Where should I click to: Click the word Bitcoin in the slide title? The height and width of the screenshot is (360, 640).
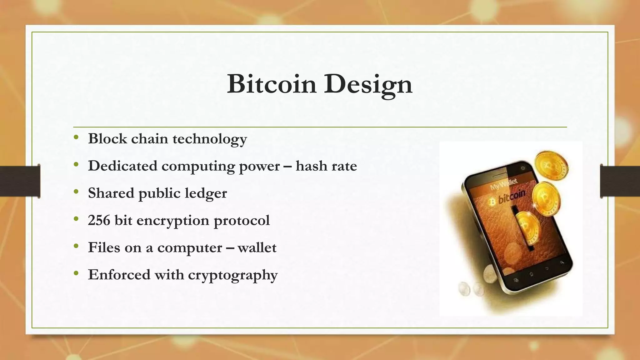pos(271,84)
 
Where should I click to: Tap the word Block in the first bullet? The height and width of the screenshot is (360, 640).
pos(107,138)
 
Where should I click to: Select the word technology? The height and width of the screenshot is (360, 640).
pos(210,139)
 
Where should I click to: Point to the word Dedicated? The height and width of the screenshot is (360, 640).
pos(122,166)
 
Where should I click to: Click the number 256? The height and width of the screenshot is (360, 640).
pos(99,220)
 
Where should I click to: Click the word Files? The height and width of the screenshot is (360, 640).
pos(104,247)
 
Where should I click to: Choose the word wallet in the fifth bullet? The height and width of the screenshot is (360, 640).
pos(257,247)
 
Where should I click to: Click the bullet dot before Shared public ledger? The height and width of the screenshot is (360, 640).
pos(76,192)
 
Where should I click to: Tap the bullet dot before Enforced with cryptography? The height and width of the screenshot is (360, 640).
pos(76,274)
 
